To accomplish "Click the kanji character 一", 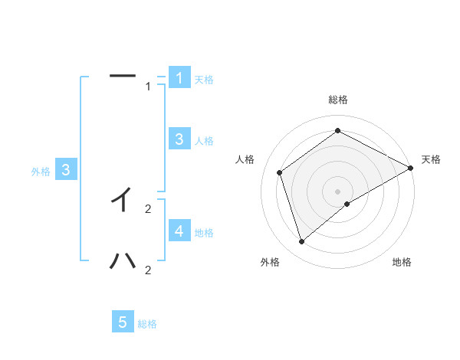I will click(123, 76).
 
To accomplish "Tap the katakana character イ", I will click(122, 200).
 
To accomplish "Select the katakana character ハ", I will click(123, 261).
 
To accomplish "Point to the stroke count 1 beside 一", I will click(149, 87).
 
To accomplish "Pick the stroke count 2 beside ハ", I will click(148, 270).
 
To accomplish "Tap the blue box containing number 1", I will click(179, 77).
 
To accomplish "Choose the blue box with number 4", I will click(179, 231).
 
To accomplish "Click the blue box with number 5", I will click(123, 322).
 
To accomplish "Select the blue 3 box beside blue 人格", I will click(179, 139).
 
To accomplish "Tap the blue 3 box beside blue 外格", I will click(67, 170).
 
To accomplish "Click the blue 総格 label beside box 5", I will click(147, 324).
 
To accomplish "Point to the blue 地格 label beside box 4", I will click(204, 233).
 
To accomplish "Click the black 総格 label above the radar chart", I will click(338, 100).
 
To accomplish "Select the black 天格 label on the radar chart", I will click(431, 159).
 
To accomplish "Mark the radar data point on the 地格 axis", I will click(347, 204).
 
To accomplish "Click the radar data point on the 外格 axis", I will click(302, 242).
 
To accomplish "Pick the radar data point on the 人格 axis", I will click(280, 172).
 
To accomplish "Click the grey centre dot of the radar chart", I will click(338, 191).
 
